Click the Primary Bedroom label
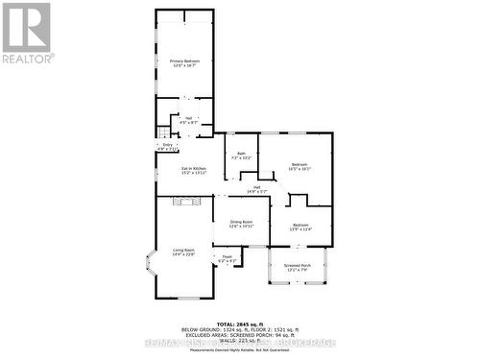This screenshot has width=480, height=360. tap(183, 63)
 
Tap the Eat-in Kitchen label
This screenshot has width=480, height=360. tap(194, 171)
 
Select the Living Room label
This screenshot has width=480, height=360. tap(183, 252)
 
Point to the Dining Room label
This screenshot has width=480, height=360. tap(241, 224)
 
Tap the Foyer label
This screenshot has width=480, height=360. tap(228, 259)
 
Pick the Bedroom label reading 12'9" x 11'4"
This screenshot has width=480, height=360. tap(301, 228)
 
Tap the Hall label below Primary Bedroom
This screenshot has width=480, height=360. tap(188, 120)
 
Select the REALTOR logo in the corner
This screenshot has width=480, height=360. tap(27, 33)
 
